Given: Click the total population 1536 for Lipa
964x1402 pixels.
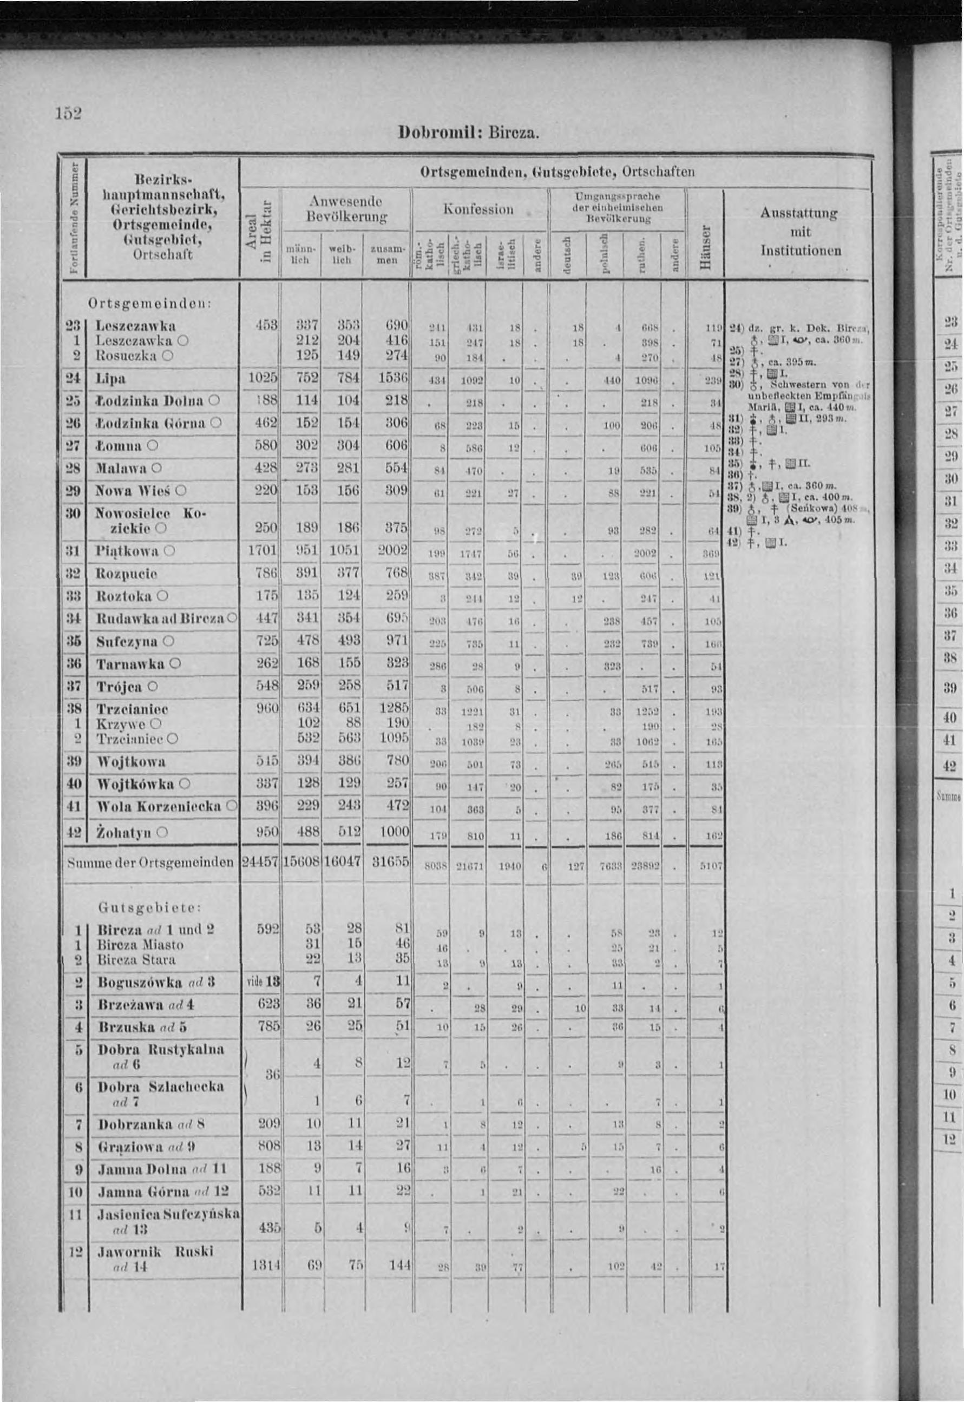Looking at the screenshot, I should (395, 379).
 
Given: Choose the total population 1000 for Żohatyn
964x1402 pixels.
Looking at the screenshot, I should (395, 832).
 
